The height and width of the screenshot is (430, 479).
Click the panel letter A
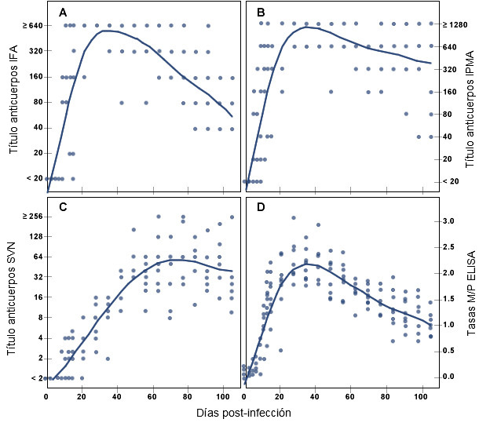63,13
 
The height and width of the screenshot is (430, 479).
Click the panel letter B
261,13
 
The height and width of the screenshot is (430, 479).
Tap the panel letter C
63,207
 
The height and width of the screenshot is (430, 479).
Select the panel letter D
261,207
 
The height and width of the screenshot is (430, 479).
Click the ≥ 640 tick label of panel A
32,26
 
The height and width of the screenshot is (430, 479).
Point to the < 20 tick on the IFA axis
34,178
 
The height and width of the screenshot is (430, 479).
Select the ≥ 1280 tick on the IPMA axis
455,24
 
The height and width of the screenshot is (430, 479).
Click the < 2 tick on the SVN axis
35,378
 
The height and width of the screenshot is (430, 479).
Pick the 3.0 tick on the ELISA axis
448,221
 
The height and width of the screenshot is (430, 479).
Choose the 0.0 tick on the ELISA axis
448,377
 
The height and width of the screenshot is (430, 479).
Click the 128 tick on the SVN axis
35,237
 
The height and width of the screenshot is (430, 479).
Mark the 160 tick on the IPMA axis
450,92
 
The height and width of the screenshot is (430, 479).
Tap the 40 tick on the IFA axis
37,128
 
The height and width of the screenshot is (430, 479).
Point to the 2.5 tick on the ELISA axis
448,247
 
